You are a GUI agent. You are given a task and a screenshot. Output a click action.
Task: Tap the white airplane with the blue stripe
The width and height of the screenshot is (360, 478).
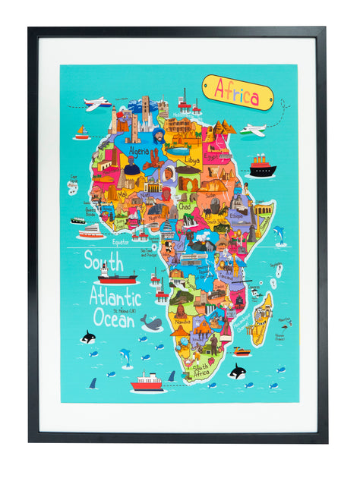[97, 103]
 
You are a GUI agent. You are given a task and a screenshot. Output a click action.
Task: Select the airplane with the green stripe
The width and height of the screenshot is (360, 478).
[254, 130]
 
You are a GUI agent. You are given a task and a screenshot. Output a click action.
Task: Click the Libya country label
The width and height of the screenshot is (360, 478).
[191, 161]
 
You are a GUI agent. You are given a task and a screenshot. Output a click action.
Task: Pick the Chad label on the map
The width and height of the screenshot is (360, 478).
[185, 206]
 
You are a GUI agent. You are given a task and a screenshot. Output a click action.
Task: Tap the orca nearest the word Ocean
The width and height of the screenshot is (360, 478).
[89, 337]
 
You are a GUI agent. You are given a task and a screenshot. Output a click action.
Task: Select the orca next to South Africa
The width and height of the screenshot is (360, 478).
[237, 371]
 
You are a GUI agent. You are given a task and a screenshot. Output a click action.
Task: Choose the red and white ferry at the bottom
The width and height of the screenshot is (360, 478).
[147, 382]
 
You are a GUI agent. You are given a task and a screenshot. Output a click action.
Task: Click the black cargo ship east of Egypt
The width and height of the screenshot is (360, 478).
[262, 165]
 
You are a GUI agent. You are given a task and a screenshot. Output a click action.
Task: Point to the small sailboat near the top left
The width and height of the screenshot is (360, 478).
[81, 134]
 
